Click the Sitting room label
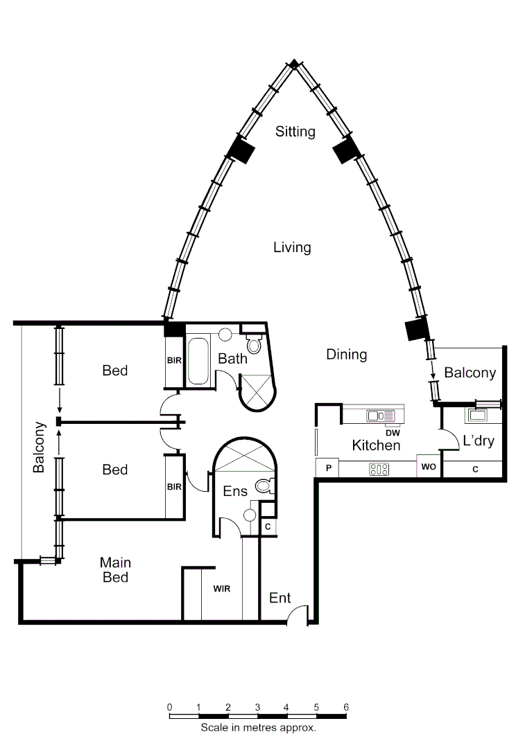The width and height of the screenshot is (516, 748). point(295,131)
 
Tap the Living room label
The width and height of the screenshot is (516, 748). point(292,247)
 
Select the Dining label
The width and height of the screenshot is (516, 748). point(346,355)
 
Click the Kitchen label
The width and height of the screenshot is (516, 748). point(376,445)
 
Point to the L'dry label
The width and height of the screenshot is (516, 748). point(478,440)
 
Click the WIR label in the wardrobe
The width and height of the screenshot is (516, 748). point(221,589)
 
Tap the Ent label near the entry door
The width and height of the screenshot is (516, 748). point(279,598)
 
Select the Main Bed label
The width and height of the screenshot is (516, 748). point(115,569)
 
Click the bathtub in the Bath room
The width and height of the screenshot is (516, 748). point(200,361)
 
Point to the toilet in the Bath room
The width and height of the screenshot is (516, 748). point(254,344)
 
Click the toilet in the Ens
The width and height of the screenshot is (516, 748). point(263,486)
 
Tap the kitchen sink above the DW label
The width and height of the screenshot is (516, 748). point(380,416)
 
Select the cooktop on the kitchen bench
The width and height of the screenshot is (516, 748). point(379,469)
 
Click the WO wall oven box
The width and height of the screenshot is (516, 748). point(428,467)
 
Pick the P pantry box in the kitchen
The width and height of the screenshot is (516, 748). point(327,468)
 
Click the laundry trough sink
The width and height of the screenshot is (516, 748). point(478,416)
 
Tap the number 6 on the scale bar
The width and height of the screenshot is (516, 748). point(345,706)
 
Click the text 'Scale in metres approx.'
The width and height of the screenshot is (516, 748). point(258,728)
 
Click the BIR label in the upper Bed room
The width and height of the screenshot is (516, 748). point(173,360)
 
